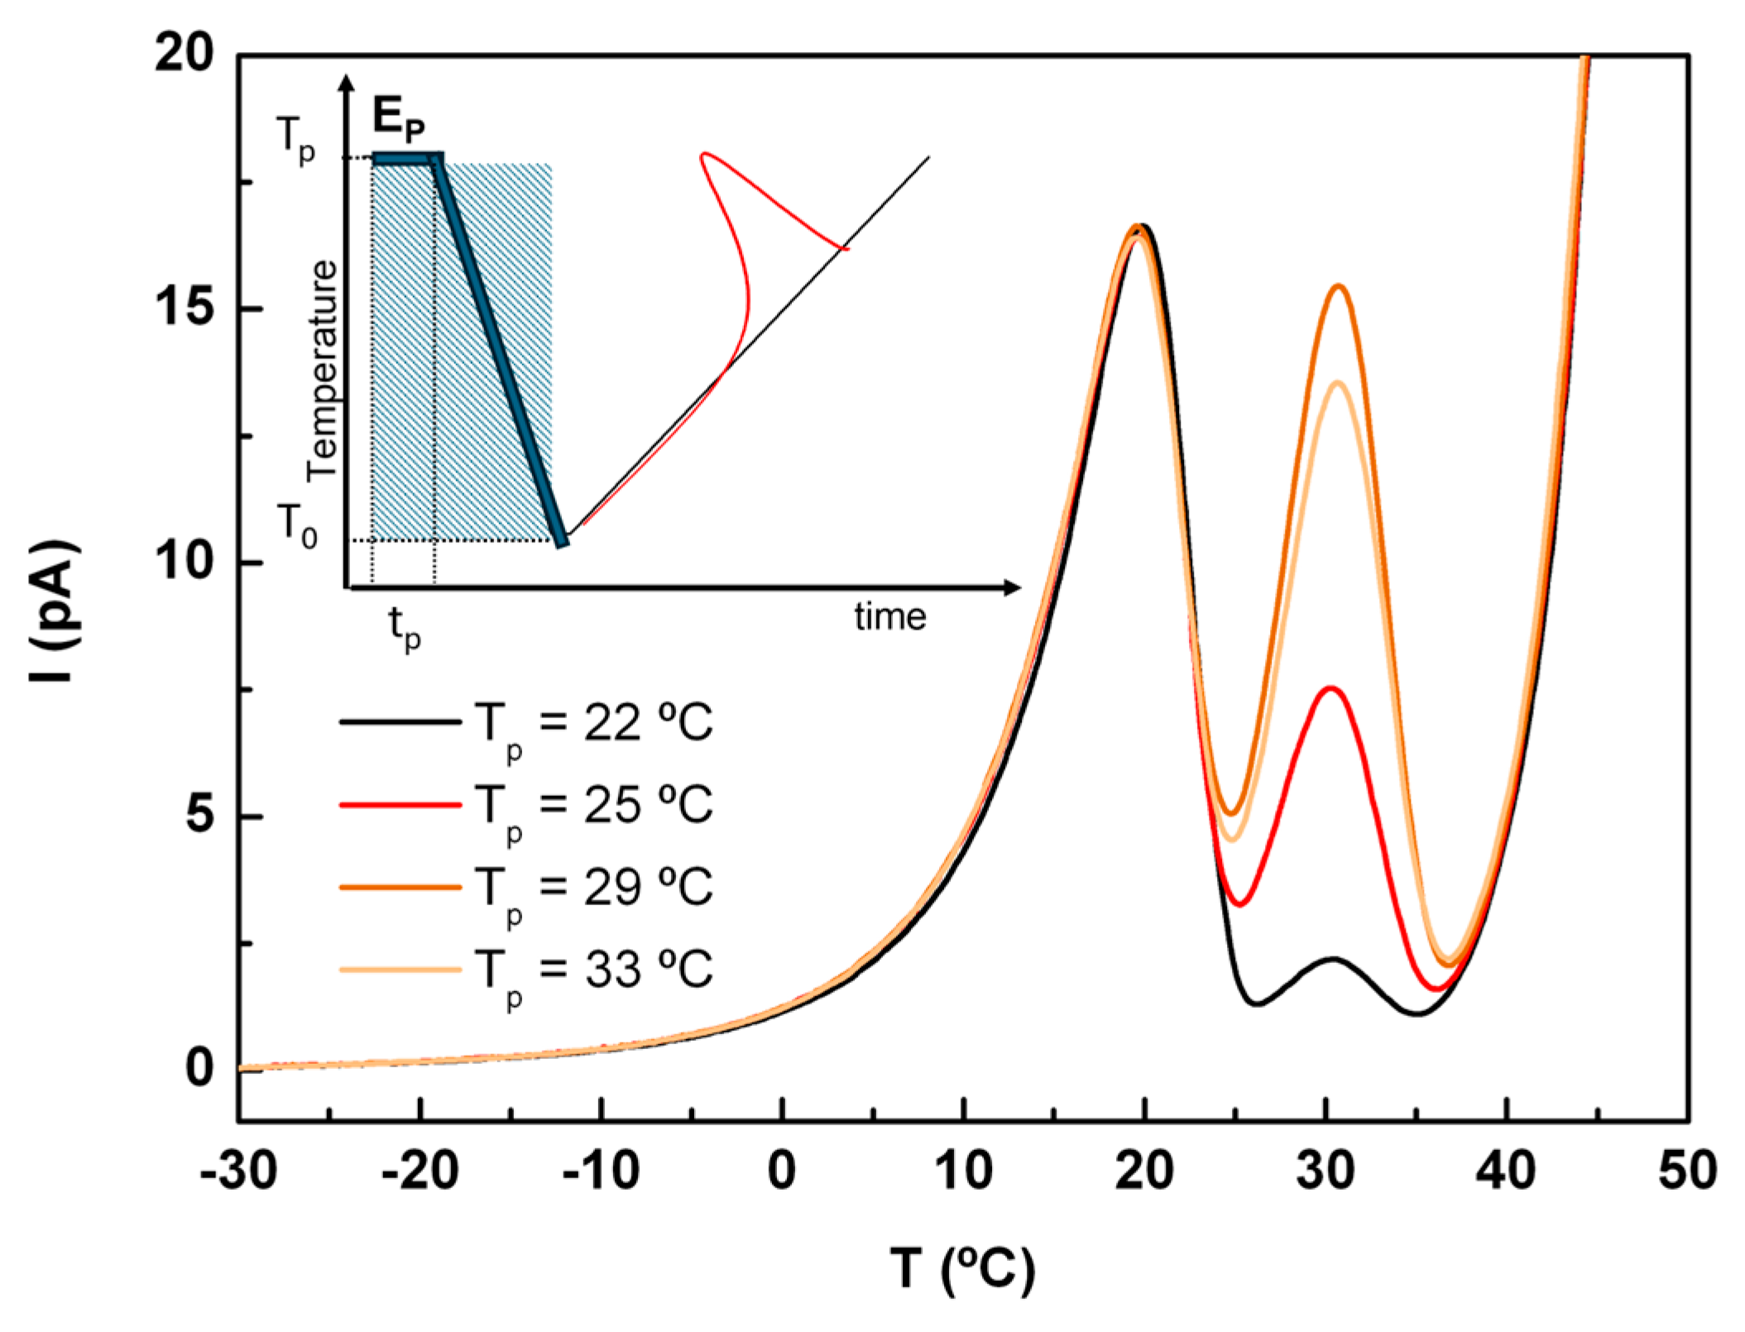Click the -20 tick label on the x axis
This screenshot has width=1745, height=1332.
(419, 1171)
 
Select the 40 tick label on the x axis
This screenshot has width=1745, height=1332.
(1507, 1171)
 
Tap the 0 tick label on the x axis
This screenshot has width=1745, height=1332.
(782, 1171)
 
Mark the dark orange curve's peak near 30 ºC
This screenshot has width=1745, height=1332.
(1338, 286)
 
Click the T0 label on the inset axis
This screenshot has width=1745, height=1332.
(296, 525)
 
